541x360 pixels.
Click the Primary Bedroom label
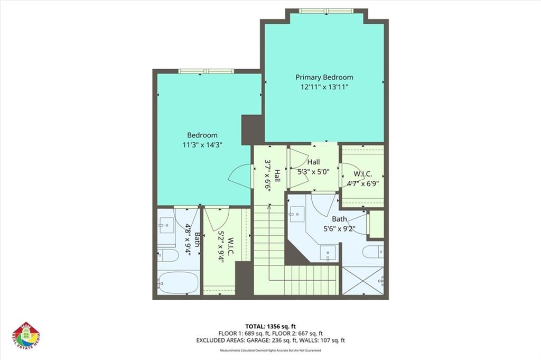coord(324,77)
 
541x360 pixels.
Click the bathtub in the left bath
coord(178,283)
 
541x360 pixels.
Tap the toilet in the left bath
coord(169,256)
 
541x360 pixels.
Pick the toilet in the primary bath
coord(373,251)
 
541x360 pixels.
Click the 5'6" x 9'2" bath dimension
coord(339,229)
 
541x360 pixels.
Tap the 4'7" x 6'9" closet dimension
coord(362,184)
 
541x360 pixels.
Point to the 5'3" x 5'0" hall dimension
coord(314,171)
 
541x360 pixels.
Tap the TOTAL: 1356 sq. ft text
coord(270,327)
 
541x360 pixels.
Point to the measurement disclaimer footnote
coord(270,350)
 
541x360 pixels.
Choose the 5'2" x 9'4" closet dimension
coord(223,247)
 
